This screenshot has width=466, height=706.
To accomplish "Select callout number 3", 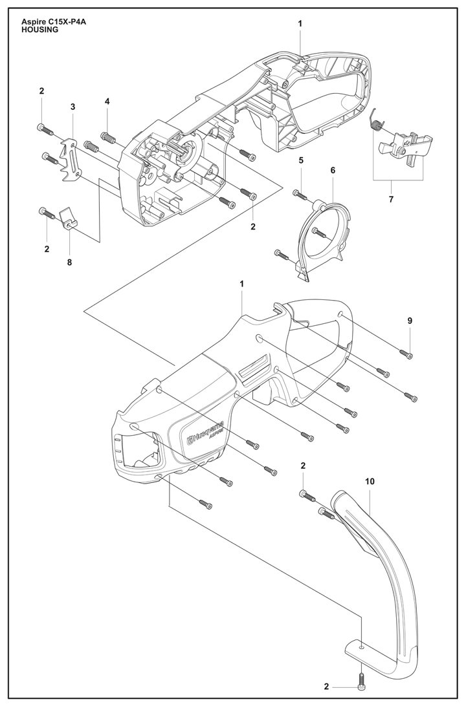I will coord(72,106).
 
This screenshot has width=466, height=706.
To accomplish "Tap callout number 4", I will coord(107,101).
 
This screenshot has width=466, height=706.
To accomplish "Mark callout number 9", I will coord(410,321).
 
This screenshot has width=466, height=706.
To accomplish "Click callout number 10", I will coord(370,482).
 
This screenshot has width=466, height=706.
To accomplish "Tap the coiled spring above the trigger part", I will coord(375,120).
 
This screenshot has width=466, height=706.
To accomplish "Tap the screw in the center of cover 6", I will coord(319,230).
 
